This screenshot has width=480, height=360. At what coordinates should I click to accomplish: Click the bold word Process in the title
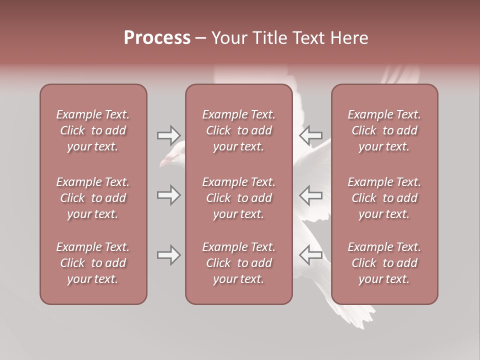pyautogui.click(x=157, y=38)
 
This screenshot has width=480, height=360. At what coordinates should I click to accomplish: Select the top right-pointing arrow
pyautogui.click(x=168, y=135)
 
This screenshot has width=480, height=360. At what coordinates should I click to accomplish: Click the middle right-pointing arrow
pyautogui.click(x=168, y=195)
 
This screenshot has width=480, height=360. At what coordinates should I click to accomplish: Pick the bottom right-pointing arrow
pyautogui.click(x=168, y=255)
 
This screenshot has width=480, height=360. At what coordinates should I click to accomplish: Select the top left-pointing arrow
pyautogui.click(x=310, y=135)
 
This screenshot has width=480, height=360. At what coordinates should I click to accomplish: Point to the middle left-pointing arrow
pyautogui.click(x=310, y=195)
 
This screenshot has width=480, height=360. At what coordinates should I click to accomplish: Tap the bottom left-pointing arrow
pyautogui.click(x=310, y=255)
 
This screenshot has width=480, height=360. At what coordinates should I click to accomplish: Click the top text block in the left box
pyautogui.click(x=93, y=130)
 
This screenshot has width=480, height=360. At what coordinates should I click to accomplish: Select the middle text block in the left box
pyautogui.click(x=93, y=198)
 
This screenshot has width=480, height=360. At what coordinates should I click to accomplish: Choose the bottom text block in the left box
pyautogui.click(x=93, y=263)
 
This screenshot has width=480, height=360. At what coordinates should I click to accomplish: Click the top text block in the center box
pyautogui.click(x=238, y=130)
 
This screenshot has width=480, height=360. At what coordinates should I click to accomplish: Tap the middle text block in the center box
pyautogui.click(x=238, y=198)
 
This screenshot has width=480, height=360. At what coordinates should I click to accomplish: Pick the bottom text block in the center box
pyautogui.click(x=238, y=263)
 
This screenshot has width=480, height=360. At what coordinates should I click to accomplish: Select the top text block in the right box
pyautogui.click(x=384, y=130)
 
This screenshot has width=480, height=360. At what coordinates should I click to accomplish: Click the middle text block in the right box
pyautogui.click(x=384, y=198)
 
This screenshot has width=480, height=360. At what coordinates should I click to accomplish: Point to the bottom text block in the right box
pyautogui.click(x=384, y=263)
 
